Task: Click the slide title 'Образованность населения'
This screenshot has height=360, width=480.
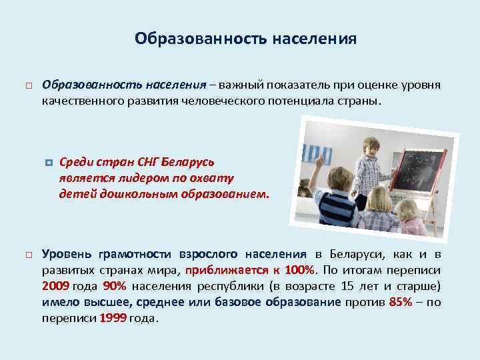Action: tap(245, 39)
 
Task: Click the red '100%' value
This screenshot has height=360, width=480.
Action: tap(299, 270)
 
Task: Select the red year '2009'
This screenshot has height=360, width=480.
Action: tap(55, 286)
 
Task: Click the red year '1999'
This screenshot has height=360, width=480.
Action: tap(113, 318)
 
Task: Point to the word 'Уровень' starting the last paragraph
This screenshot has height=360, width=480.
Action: tap(67, 254)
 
